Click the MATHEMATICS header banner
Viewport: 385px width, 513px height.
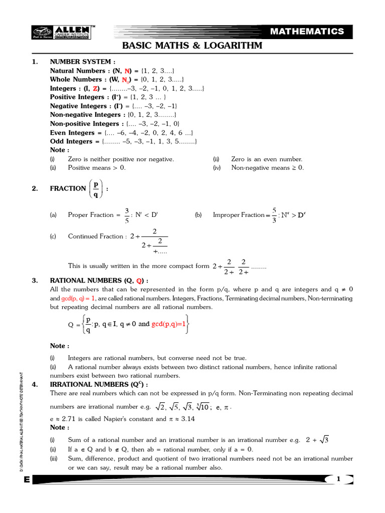click(314, 32)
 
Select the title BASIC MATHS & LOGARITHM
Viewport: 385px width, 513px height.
click(192, 47)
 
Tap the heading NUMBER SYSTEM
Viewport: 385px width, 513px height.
click(80, 62)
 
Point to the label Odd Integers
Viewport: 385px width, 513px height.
click(71, 141)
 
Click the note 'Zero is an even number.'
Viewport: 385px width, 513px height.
click(267, 159)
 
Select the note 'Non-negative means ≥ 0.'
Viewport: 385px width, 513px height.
click(267, 168)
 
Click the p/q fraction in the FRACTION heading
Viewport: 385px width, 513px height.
click(96, 188)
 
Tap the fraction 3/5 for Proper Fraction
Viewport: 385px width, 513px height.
click(127, 215)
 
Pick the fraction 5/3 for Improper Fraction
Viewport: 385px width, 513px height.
click(274, 215)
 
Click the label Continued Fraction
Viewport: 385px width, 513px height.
click(95, 236)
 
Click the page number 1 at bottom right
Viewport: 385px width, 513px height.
click(338, 479)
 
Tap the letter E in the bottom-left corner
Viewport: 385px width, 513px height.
click(26, 479)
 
